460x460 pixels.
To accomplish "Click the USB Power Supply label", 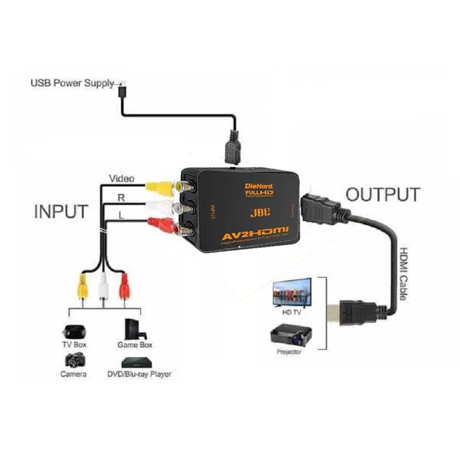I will point(72,83).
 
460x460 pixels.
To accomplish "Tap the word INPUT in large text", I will point(62,211).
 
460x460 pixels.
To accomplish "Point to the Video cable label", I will point(121,179).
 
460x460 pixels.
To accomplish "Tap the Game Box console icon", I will point(135,329).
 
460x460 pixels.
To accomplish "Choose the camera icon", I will point(74,361).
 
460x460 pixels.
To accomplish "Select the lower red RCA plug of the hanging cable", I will point(122,285).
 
